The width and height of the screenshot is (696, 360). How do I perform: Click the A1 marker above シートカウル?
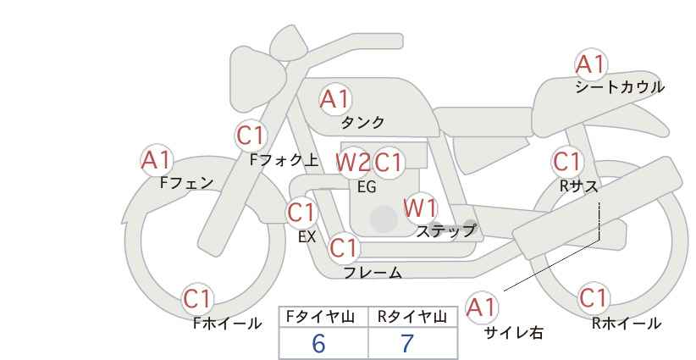[x=591, y=64]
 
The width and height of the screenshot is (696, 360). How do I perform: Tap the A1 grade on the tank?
[x=335, y=99]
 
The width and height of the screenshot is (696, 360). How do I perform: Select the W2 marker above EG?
[x=353, y=163]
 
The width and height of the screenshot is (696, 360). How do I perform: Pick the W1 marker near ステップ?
[x=420, y=208]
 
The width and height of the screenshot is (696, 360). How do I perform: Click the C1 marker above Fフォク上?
[x=251, y=136]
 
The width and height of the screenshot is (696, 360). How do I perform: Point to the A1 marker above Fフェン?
[x=157, y=160]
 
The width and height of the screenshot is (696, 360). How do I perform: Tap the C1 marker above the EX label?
[x=301, y=213]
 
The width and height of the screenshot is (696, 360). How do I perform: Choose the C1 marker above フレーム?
[x=344, y=247]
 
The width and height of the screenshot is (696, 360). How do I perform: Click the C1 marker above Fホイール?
[x=197, y=299]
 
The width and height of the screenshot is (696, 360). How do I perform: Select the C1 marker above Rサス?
[x=567, y=162]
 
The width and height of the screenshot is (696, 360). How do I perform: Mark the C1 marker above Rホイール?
[x=594, y=298]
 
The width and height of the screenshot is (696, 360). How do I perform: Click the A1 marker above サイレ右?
[x=482, y=307]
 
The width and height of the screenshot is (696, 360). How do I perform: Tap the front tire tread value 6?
[x=318, y=343]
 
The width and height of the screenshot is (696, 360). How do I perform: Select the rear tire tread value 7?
[x=407, y=343]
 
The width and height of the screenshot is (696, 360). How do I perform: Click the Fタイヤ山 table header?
[x=320, y=317]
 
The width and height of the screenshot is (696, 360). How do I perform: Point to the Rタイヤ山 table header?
[x=412, y=317]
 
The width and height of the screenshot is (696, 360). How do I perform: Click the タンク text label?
[x=362, y=122]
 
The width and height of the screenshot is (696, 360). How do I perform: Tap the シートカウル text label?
[x=620, y=87]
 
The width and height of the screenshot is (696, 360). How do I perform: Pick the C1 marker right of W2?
[x=389, y=163]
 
